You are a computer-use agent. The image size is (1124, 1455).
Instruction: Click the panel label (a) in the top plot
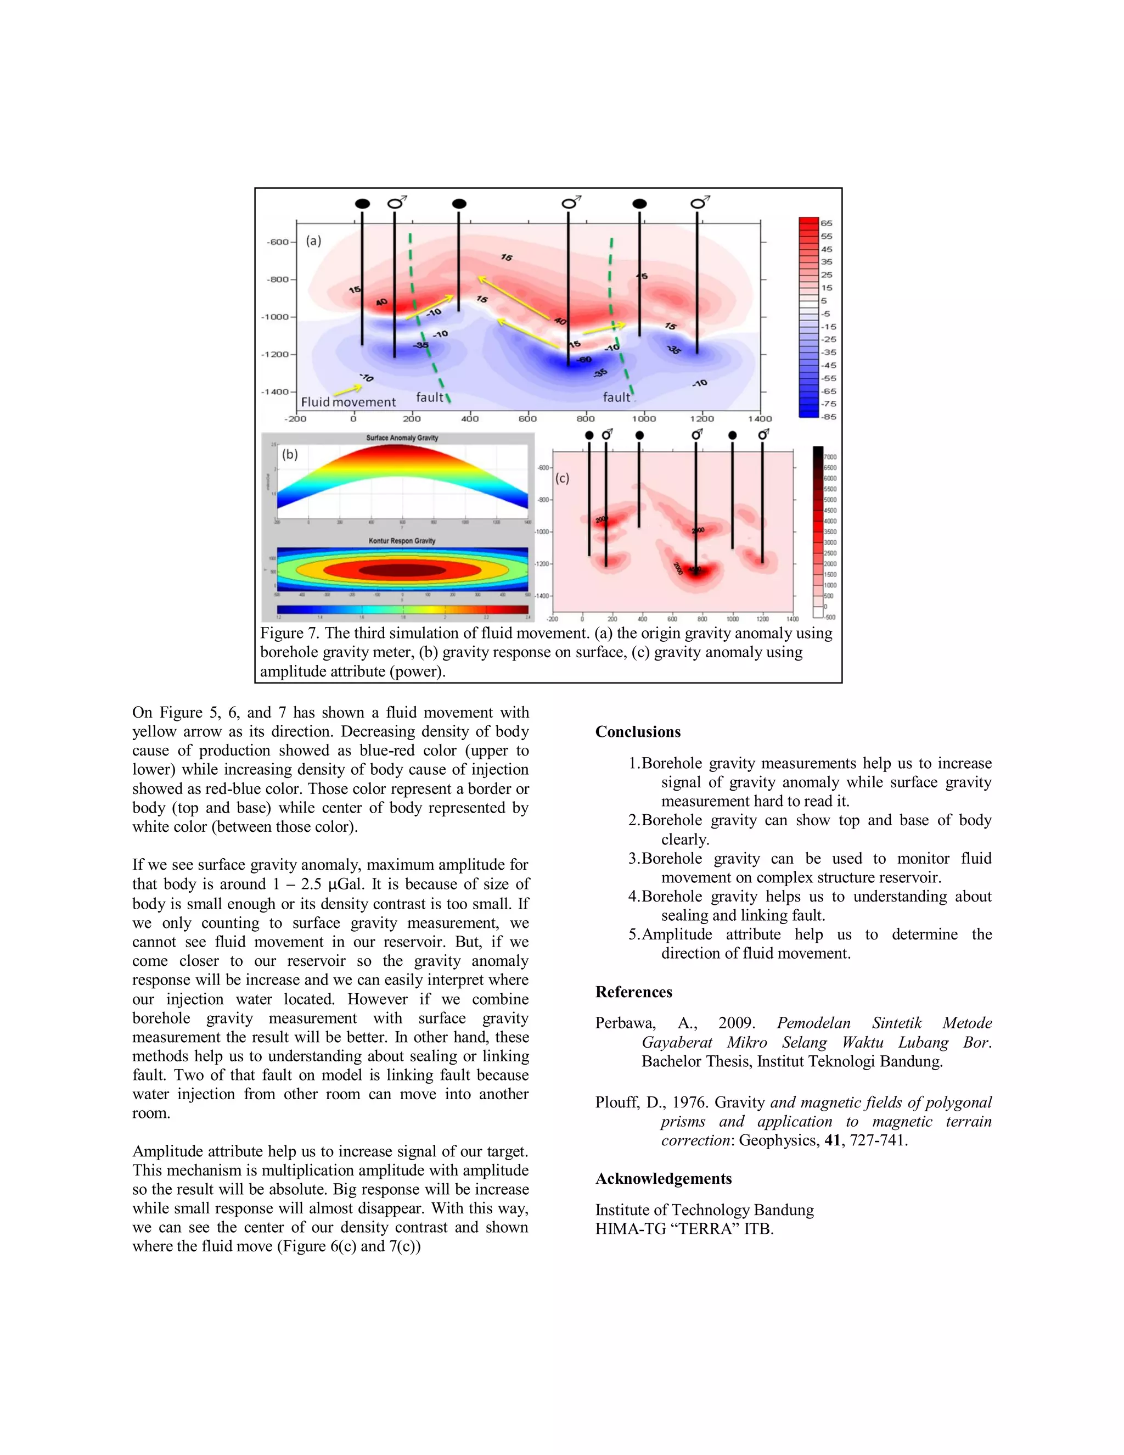pos(313,241)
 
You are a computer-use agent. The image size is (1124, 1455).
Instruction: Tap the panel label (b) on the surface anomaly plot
pos(290,455)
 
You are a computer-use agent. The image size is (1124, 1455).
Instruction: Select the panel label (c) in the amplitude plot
pos(563,478)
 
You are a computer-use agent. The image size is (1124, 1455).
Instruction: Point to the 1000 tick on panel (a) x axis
pos(643,419)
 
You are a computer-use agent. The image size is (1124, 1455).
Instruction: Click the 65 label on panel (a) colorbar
pos(827,223)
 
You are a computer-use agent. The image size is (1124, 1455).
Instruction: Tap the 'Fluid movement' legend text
pos(349,402)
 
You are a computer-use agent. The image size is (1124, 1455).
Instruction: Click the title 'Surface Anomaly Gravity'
pos(402,438)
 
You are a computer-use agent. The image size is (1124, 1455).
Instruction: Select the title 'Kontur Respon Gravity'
pos(402,541)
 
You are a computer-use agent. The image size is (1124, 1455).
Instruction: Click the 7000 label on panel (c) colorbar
pos(830,457)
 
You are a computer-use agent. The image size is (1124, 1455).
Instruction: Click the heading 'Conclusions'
pos(637,731)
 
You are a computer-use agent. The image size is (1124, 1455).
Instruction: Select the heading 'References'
pos(633,992)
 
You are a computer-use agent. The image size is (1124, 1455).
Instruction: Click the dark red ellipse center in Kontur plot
pos(402,571)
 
